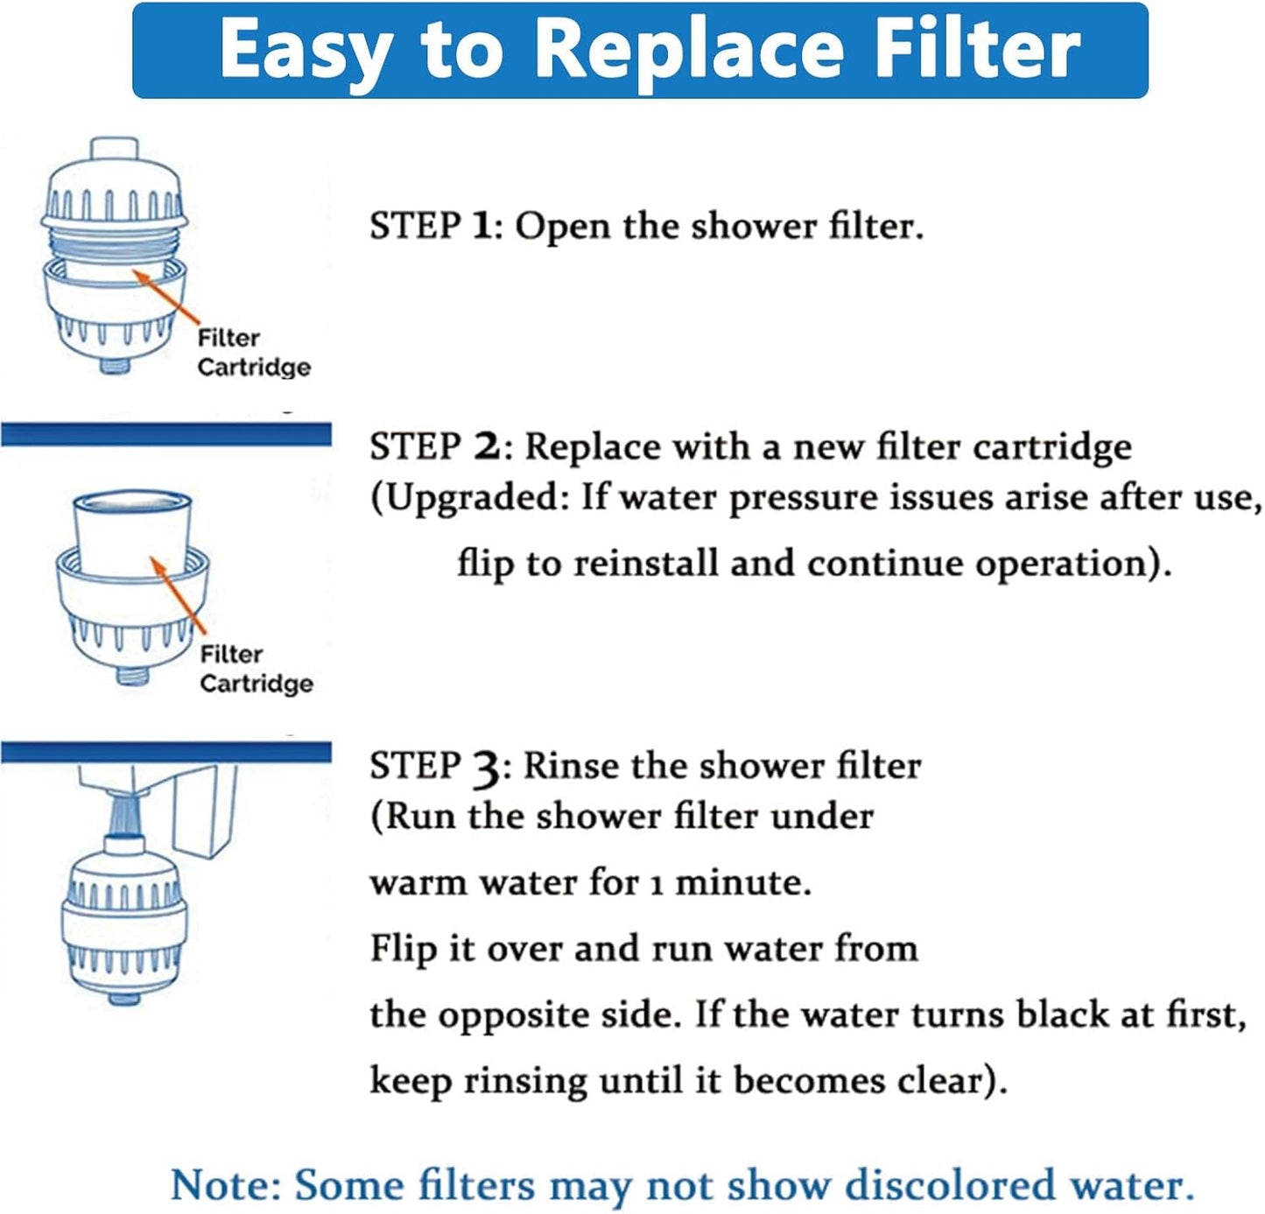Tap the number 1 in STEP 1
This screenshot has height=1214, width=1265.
click(x=481, y=226)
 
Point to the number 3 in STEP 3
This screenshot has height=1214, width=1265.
click(x=487, y=768)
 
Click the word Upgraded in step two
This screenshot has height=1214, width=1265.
click(x=477, y=498)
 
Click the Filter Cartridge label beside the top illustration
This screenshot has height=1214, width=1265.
click(x=253, y=353)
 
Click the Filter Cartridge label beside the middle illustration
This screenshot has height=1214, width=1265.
click(x=256, y=669)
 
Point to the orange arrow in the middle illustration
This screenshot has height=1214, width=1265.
click(x=179, y=595)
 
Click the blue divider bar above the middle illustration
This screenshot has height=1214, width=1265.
click(x=166, y=434)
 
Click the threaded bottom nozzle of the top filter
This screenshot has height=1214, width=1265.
click(x=115, y=364)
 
